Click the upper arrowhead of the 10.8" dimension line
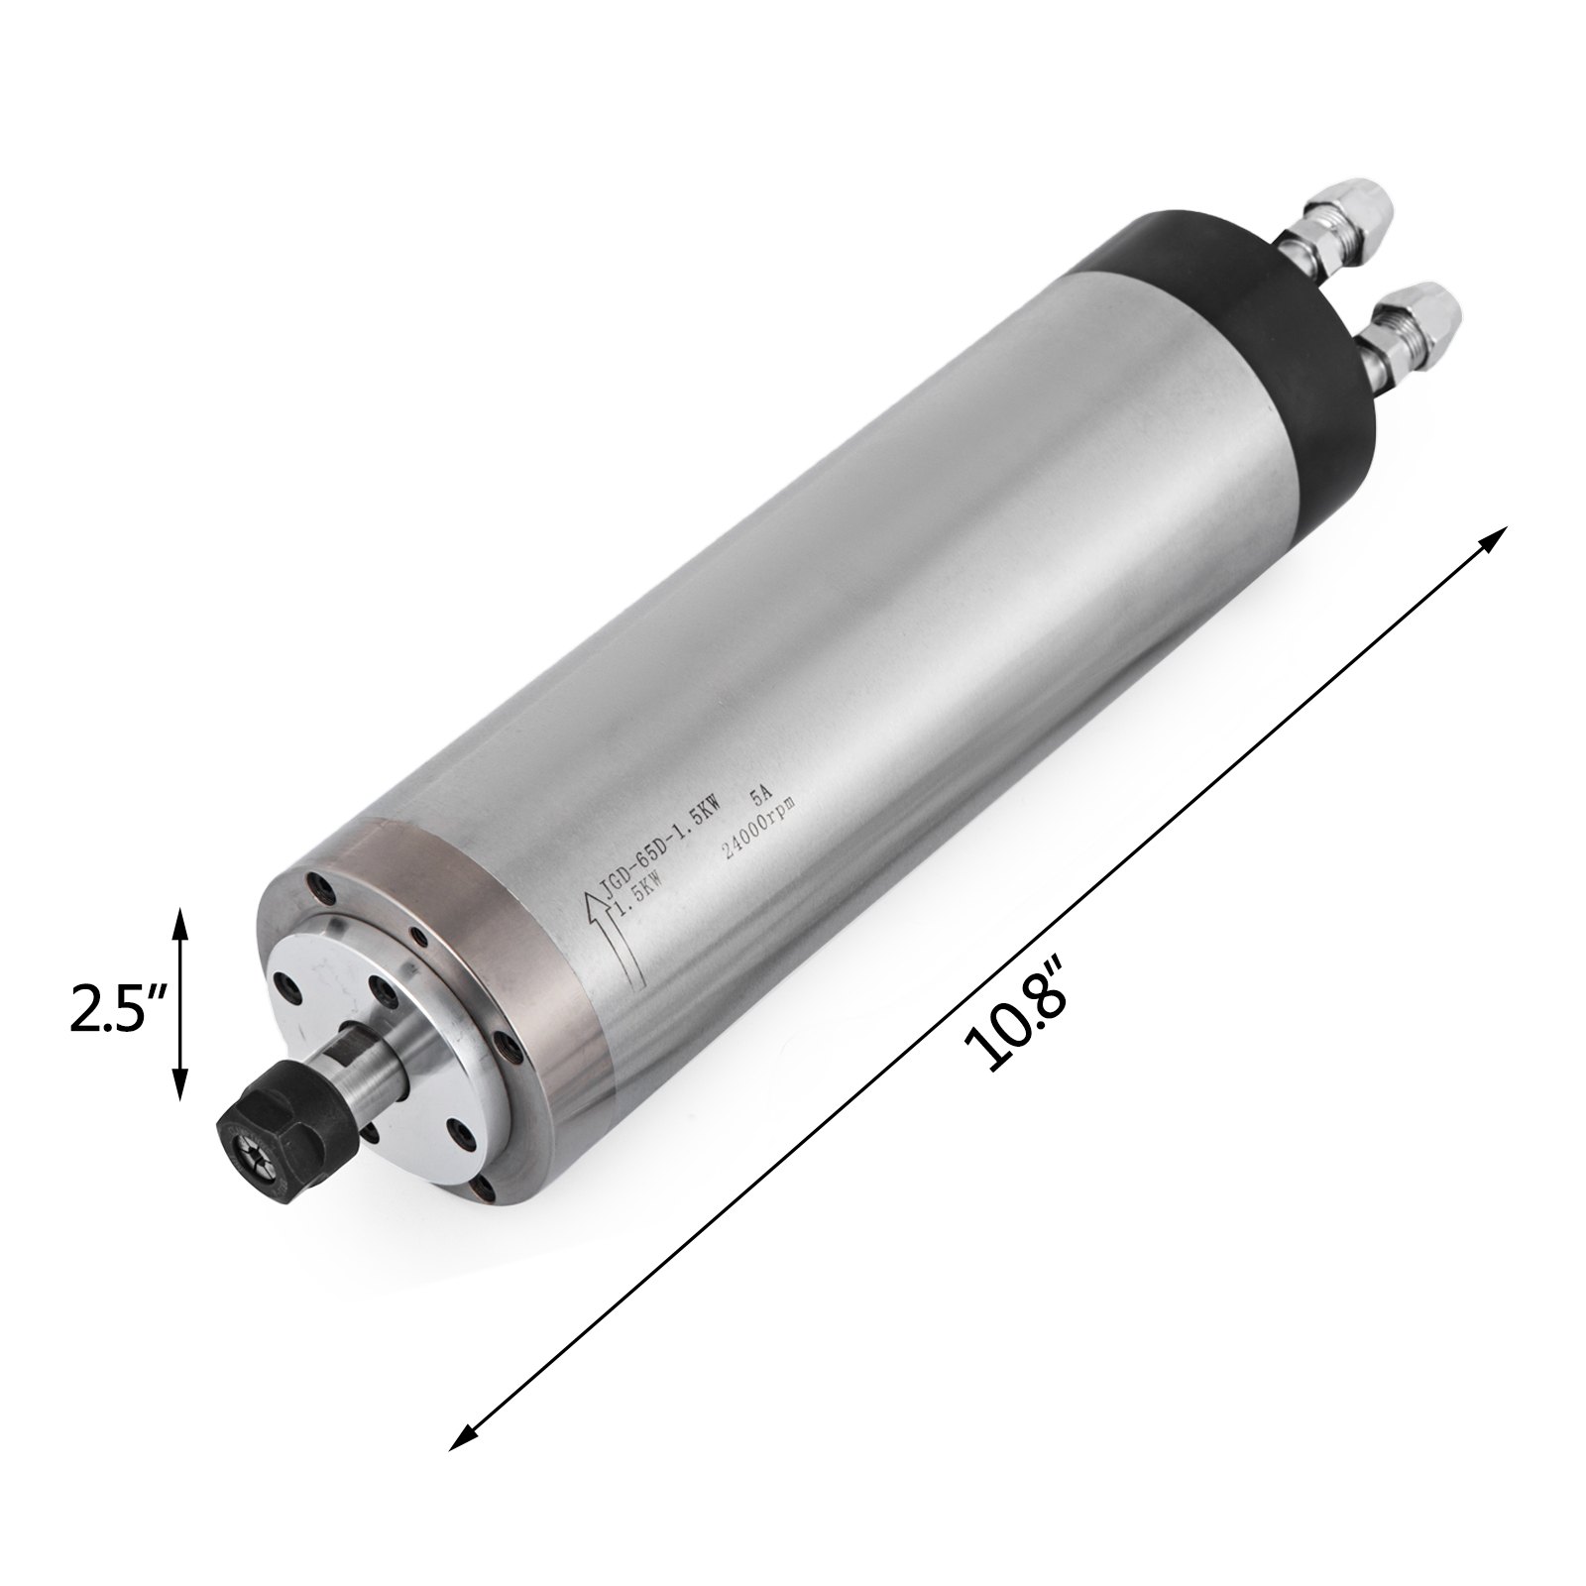coord(1493,541)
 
